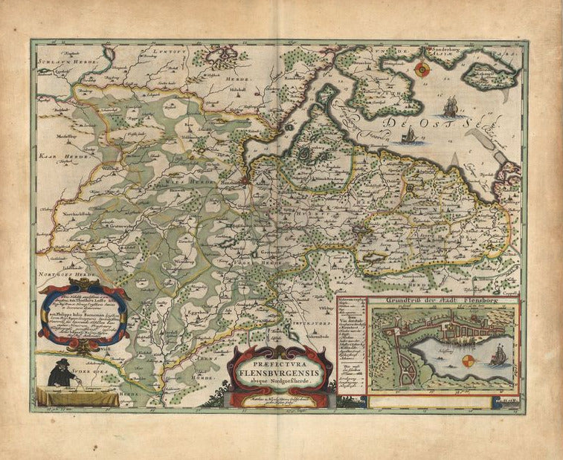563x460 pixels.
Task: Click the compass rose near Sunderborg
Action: click(x=422, y=71)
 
